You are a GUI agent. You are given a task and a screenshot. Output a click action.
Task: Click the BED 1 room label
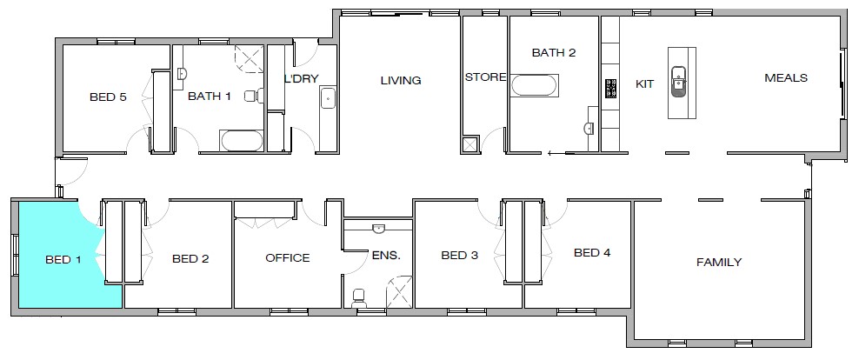(x=63, y=259)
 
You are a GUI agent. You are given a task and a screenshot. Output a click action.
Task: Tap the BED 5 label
(x=109, y=97)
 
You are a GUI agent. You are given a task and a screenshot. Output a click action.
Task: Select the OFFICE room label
(x=287, y=257)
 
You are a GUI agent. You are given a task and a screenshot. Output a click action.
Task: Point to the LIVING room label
(x=400, y=81)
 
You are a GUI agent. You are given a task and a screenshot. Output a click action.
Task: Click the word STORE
(x=484, y=77)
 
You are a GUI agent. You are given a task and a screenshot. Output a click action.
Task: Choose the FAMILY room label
(x=719, y=262)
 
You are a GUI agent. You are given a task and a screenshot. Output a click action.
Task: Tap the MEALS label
(x=785, y=77)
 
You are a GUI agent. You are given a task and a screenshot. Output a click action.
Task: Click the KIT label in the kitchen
(x=644, y=84)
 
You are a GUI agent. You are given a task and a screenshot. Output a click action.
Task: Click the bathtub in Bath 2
(x=535, y=85)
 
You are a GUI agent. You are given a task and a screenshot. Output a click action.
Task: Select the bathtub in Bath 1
(x=242, y=140)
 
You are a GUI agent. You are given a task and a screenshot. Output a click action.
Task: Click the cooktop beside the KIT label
(x=610, y=88)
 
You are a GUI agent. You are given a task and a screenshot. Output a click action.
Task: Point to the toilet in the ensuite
(x=358, y=298)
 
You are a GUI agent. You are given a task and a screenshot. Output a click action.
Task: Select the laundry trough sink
(x=328, y=97)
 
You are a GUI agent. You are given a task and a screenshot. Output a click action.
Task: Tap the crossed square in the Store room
(x=470, y=144)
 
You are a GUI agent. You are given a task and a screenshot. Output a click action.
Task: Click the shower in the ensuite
(x=400, y=291)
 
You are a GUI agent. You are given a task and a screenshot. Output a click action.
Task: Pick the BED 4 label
(x=592, y=253)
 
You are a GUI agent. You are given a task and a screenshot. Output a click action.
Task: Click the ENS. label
(x=386, y=256)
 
